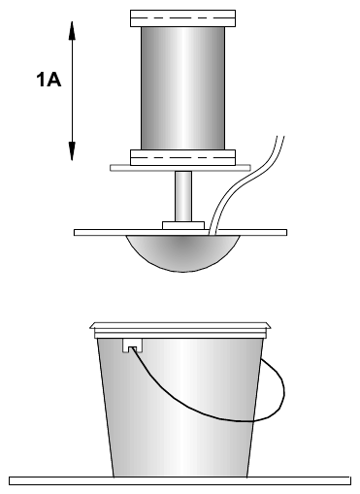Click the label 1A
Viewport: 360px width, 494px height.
point(49,80)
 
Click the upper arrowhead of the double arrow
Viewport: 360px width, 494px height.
point(72,30)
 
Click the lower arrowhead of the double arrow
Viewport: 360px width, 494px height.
point(72,151)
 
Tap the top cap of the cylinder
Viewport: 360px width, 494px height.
point(182,18)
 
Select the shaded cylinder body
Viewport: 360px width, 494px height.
point(182,88)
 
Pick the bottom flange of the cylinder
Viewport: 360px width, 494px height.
point(182,157)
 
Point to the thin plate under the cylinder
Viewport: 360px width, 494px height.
point(180,168)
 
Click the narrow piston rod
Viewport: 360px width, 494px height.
point(183,196)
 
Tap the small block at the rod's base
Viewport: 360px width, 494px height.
point(183,225)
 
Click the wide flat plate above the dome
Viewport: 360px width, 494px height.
point(180,232)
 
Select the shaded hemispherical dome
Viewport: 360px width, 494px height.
point(183,253)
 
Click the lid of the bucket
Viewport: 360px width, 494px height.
point(180,330)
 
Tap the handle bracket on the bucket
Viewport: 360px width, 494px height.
point(133,346)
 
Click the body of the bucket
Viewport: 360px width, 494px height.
point(180,408)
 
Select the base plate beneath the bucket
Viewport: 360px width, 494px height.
point(180,480)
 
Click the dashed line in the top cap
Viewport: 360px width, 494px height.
point(182,17)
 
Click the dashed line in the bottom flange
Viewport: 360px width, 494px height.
point(182,158)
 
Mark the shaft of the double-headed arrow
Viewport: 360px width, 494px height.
point(72,90)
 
